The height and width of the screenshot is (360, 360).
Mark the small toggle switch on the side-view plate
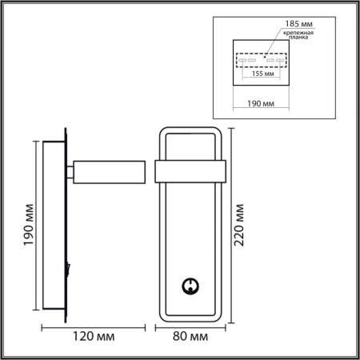coord(70,269)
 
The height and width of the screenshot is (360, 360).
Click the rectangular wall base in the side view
coord(54,227)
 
